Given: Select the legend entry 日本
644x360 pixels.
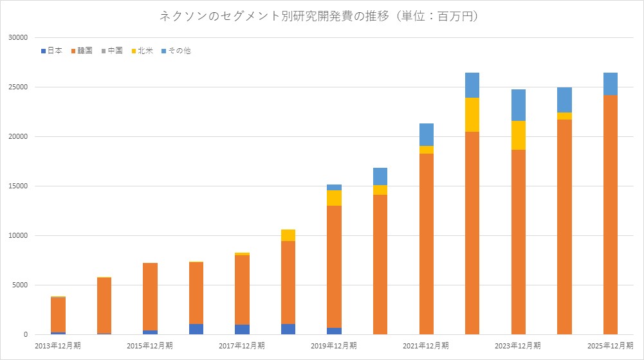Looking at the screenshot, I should [x=51, y=51].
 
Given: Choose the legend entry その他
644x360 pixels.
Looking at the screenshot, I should [x=174, y=51].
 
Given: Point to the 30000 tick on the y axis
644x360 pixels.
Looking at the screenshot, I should [x=17, y=38].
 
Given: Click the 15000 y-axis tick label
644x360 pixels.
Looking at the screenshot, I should [x=17, y=186].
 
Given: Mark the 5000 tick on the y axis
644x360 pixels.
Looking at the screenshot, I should [x=19, y=285].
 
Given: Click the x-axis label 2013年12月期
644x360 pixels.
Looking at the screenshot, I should [x=58, y=346].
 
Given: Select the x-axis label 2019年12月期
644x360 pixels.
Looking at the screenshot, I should [x=334, y=346].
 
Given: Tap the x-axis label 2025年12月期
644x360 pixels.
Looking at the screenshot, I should [x=610, y=346].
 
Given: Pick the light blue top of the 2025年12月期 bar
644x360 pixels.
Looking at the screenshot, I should [x=610, y=84].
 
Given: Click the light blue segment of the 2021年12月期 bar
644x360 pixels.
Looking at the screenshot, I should [x=426, y=134].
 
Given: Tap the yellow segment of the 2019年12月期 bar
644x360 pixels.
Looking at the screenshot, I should [x=334, y=198].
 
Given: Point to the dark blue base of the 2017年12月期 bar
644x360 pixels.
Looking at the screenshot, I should [x=242, y=329].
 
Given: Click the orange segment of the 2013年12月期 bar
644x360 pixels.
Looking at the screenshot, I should [x=58, y=314].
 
